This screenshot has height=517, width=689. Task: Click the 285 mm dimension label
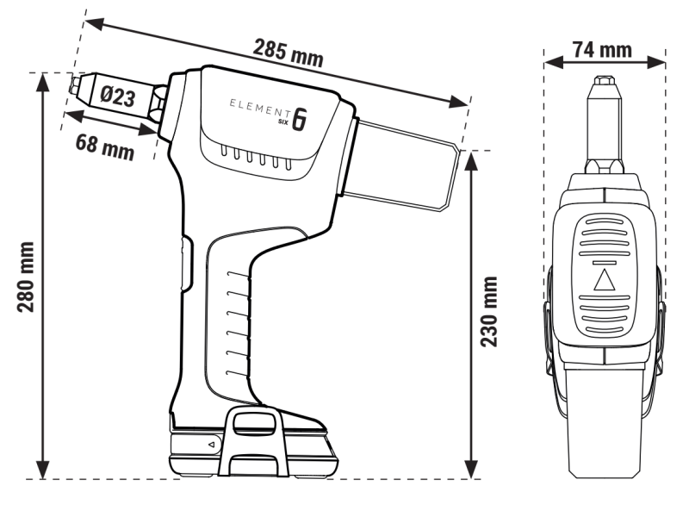point(288,53)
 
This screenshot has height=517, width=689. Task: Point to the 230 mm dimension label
point(488,312)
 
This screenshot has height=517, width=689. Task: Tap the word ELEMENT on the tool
point(258,106)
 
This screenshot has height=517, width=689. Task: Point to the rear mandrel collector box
point(402,167)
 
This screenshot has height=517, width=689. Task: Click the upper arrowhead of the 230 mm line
point(470,159)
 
